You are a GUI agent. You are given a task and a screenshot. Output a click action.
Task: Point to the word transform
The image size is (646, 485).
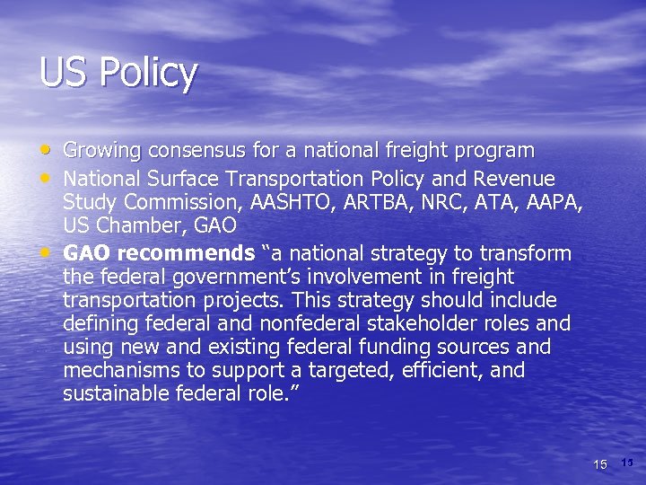point(528,253)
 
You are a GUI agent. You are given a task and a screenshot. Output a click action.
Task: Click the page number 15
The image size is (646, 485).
point(601,463)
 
